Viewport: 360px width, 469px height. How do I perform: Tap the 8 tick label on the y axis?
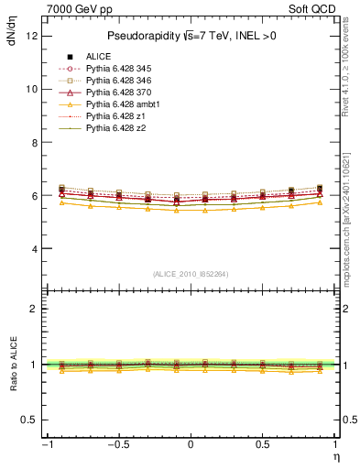click(34, 143)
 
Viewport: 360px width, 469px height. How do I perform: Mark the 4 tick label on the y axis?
click(34, 249)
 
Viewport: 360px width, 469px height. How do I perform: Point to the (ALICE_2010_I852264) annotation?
click(191, 274)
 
